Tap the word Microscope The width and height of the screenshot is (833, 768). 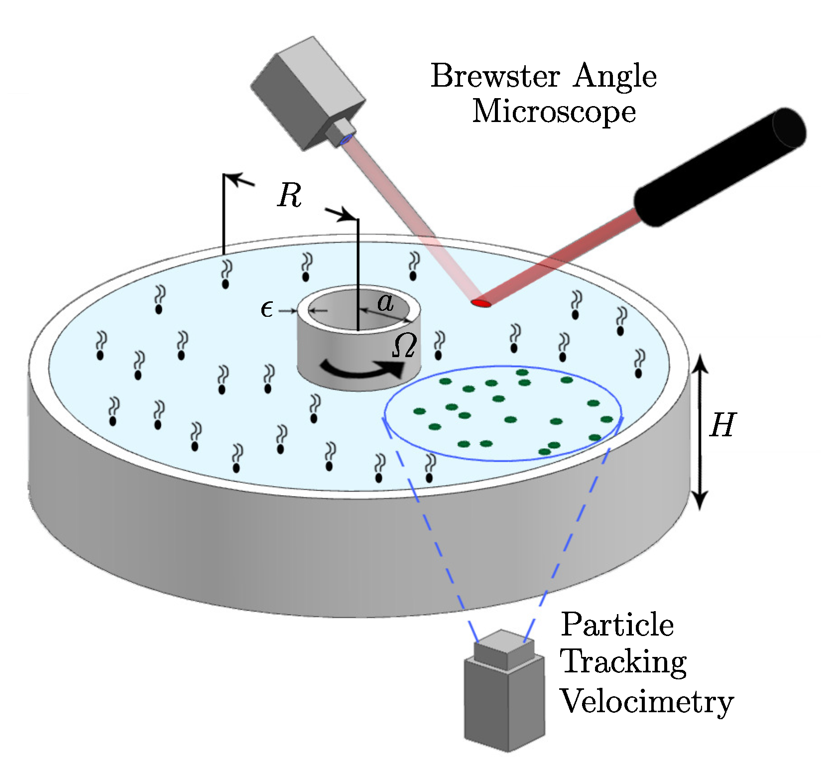554,111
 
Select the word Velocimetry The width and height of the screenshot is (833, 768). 647,702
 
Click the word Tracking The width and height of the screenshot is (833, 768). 624,663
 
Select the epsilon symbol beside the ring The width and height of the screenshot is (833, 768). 267,310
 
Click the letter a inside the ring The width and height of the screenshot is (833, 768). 385,302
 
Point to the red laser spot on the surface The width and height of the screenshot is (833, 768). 481,302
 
